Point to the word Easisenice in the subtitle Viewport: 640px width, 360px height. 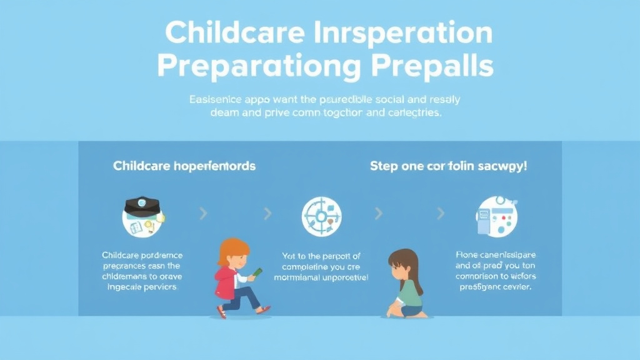pos(212,99)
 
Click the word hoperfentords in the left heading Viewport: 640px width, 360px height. pos(214,167)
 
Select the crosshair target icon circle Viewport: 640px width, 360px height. pos(321,216)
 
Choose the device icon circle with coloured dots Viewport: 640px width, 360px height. pos(496,216)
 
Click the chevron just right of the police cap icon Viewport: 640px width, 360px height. pos(203,214)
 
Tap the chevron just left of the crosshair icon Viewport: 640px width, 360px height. pos(268,214)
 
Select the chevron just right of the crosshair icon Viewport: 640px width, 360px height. pos(378,214)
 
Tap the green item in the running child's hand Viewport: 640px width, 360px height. pos(257,272)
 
